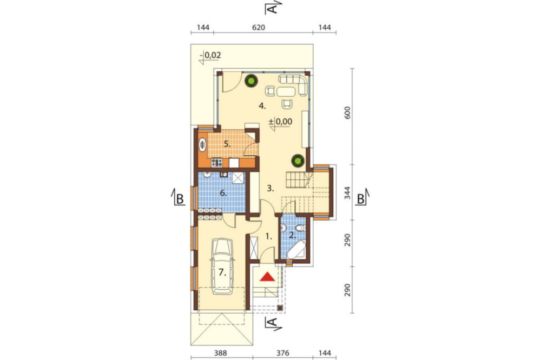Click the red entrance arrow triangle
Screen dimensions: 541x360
[x=267, y=276]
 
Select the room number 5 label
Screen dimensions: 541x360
[x=227, y=144]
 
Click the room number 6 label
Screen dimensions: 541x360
[x=223, y=193]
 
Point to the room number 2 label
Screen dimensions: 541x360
[x=292, y=236]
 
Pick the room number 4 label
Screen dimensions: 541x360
[x=262, y=106]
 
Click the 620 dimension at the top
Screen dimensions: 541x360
[x=259, y=27]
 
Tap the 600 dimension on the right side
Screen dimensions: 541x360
[x=347, y=113]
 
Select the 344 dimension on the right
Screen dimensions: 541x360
[x=347, y=193]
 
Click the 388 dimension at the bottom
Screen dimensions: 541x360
[x=221, y=353]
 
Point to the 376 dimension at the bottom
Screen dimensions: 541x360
[x=282, y=353]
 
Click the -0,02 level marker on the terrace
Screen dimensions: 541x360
[x=211, y=55]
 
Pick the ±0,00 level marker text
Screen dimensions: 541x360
[x=280, y=122]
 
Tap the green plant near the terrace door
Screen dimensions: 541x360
[x=251, y=82]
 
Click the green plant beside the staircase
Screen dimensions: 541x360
[x=298, y=161]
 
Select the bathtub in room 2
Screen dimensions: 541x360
[x=296, y=249]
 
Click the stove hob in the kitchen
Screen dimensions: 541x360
[x=217, y=162]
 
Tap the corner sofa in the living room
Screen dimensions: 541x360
[x=294, y=83]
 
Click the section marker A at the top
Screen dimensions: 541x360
[x=273, y=7]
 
